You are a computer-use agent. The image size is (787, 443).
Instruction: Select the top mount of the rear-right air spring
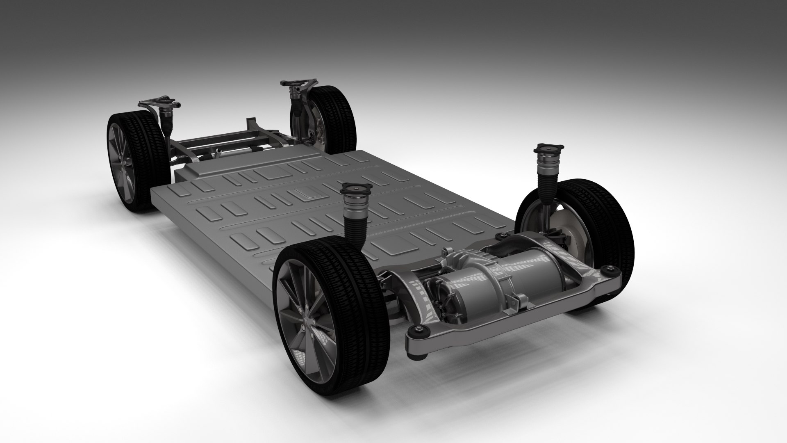pos(547,148)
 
